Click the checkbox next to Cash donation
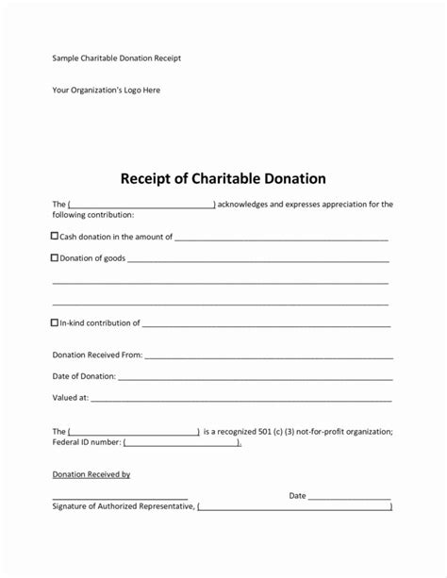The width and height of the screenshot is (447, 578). pyautogui.click(x=55, y=236)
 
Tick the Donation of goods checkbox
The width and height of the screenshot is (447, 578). pyautogui.click(x=55, y=256)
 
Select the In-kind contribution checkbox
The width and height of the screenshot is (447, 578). pyautogui.click(x=55, y=322)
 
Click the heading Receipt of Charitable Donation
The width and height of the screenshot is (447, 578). pyautogui.click(x=223, y=177)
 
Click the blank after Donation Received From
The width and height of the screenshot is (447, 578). pyautogui.click(x=269, y=357)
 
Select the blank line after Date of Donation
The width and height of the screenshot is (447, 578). pyautogui.click(x=255, y=378)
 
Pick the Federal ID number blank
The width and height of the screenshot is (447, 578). pyautogui.click(x=182, y=442)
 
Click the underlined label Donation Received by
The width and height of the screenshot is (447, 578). pyautogui.click(x=91, y=474)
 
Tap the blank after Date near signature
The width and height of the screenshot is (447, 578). pyautogui.click(x=349, y=497)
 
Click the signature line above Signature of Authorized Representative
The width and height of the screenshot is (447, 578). pyautogui.click(x=120, y=497)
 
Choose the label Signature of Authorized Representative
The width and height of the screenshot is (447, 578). pyautogui.click(x=123, y=507)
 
